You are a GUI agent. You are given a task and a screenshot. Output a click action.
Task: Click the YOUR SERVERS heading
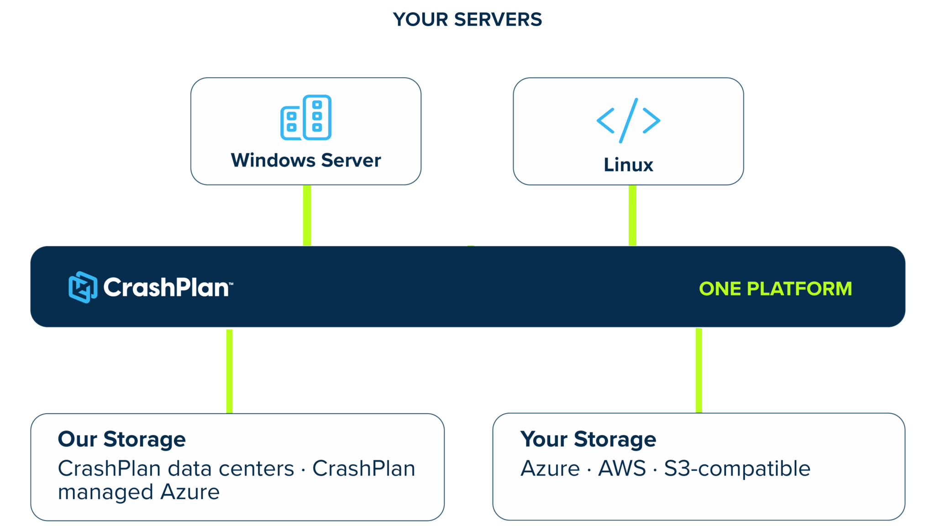pos(467,20)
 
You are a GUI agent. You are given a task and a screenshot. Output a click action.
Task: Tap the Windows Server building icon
pos(306,117)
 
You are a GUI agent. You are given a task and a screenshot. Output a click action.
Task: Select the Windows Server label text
pos(306,160)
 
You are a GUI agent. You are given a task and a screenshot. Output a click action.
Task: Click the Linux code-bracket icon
pos(628,121)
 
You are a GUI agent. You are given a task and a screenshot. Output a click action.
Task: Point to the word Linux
pos(628,165)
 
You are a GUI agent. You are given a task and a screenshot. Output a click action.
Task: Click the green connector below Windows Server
pos(307,216)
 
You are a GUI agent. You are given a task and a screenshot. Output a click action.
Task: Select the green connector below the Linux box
pos(632,216)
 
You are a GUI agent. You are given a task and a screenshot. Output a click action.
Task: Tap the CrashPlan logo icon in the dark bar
pos(83,287)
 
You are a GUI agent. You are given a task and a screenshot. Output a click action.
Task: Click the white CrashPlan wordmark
pos(168,288)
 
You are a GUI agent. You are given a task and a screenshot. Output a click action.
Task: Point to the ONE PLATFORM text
pos(775,289)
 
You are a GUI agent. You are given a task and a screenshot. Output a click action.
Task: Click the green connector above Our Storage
pos(229,371)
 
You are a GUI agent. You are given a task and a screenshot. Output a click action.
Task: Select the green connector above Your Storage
pos(699,370)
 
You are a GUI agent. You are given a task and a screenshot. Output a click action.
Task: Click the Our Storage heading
pos(122,439)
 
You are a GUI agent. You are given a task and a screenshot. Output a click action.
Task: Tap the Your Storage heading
pos(588,439)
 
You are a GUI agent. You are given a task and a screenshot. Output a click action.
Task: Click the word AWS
pos(622,468)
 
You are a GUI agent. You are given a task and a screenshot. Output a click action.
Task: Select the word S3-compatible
pos(737,469)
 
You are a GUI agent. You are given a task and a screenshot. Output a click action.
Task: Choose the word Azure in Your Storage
pos(550,468)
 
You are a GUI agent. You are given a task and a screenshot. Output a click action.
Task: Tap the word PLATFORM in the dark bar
pos(799,289)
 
